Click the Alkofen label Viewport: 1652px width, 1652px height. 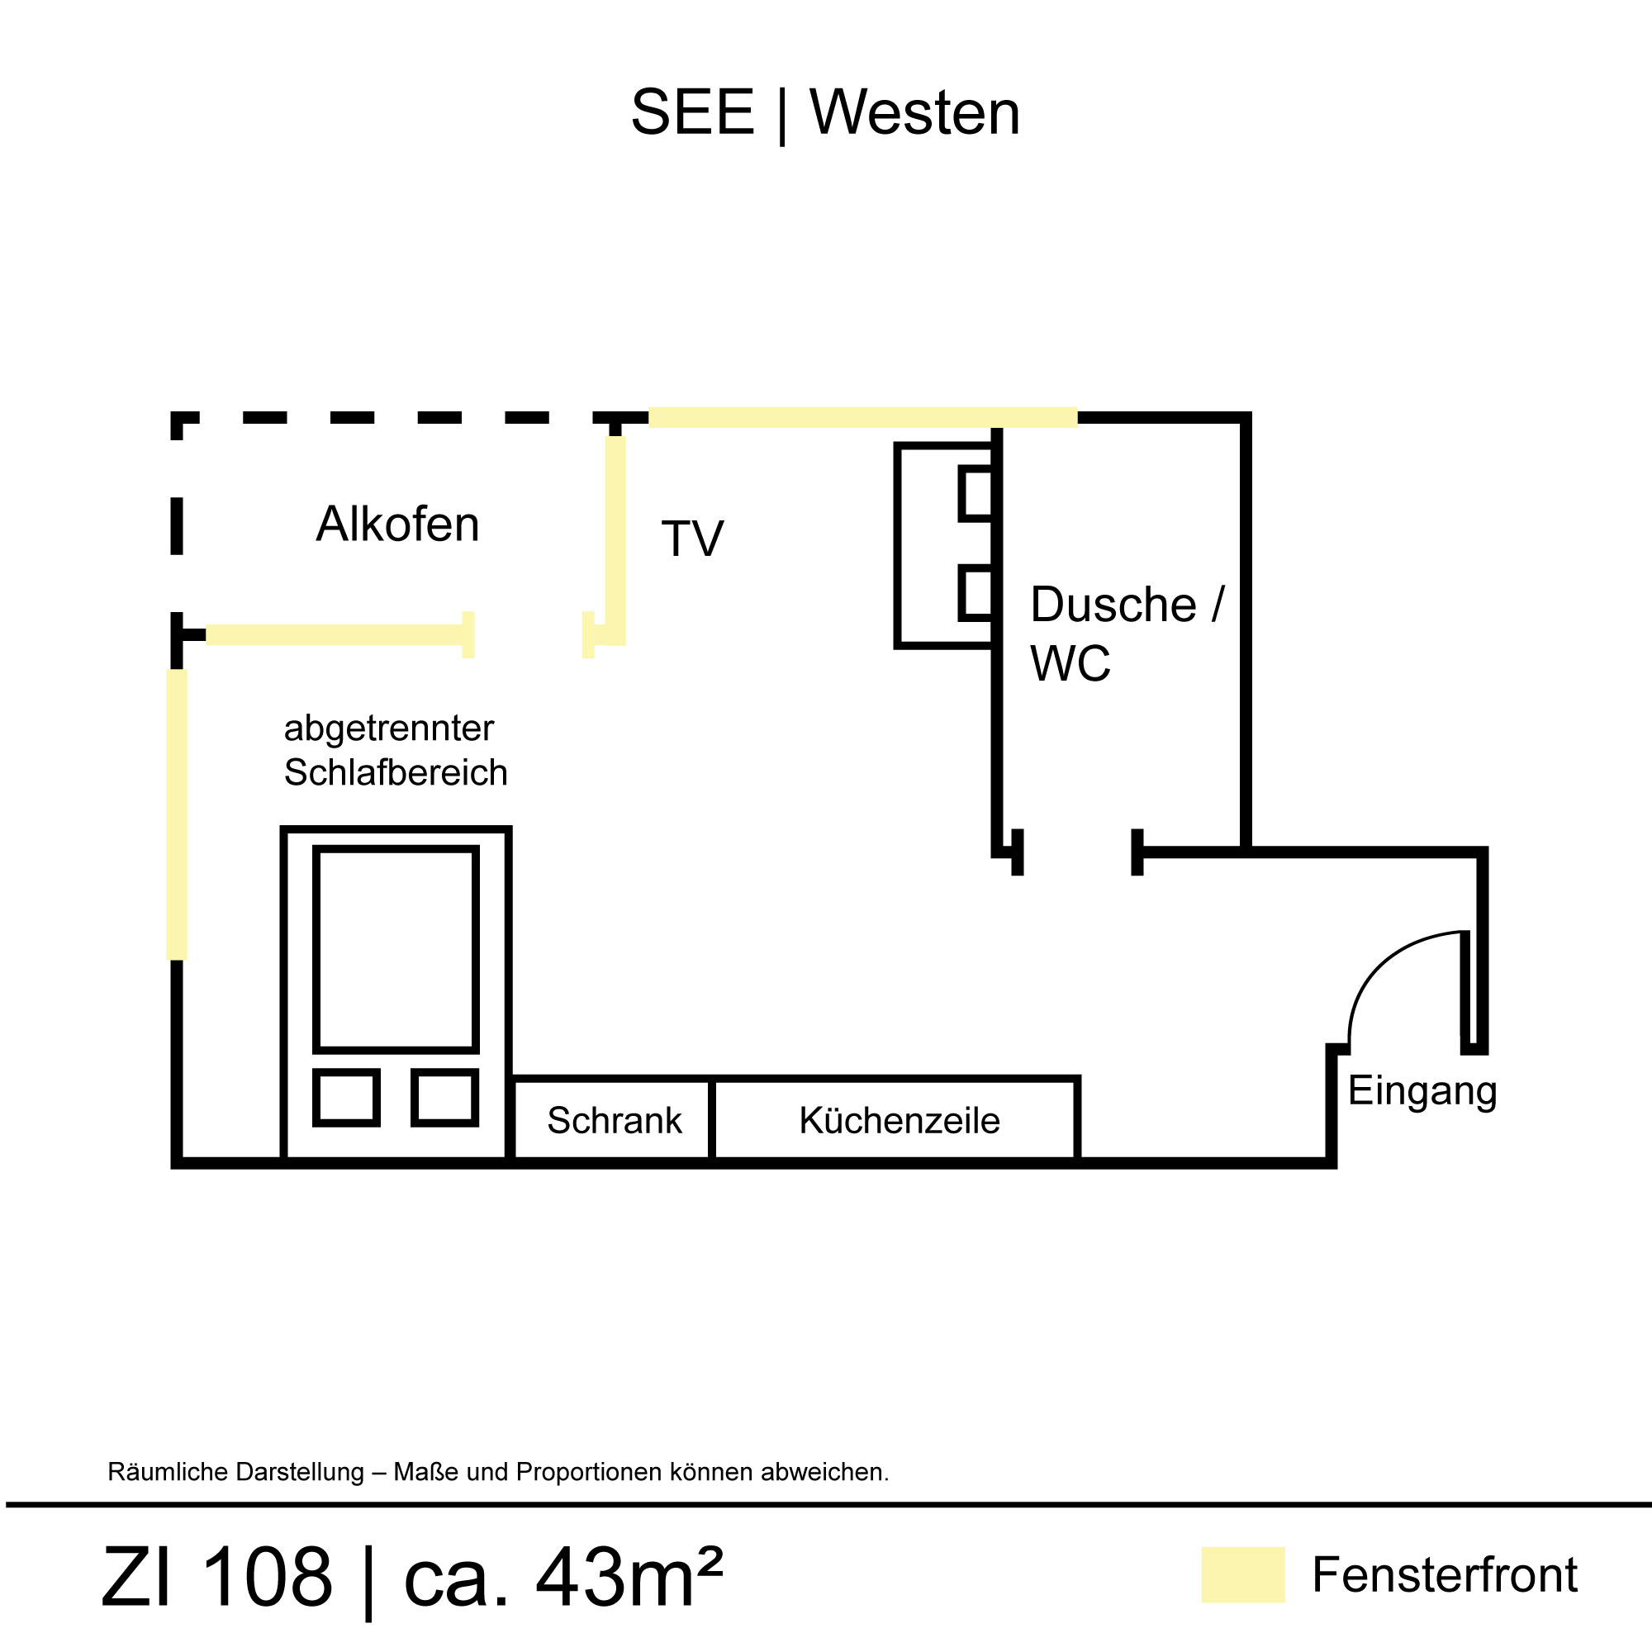[x=397, y=525]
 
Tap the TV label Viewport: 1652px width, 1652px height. [x=693, y=539]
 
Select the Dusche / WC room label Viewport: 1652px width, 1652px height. [x=1126, y=634]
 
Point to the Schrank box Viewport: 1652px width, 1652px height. [x=614, y=1120]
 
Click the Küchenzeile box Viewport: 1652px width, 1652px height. [x=899, y=1120]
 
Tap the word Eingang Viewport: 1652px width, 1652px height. [x=1422, y=1092]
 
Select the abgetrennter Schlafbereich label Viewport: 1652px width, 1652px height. [x=395, y=750]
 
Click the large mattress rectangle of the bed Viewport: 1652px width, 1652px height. [x=395, y=949]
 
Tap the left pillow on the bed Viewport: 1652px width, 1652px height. [x=346, y=1097]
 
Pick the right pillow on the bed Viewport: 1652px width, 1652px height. [x=444, y=1097]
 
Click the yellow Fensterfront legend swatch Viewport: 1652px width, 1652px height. [x=1242, y=1574]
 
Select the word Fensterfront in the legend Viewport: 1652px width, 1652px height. [x=1444, y=1575]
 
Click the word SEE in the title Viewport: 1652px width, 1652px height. [x=693, y=112]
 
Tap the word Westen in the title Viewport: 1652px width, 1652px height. [x=914, y=112]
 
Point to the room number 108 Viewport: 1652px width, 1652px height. [x=268, y=1577]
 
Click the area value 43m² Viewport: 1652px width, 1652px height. [x=629, y=1577]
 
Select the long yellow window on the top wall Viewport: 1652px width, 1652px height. [x=862, y=418]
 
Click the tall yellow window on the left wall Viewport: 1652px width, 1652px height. [x=177, y=814]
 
